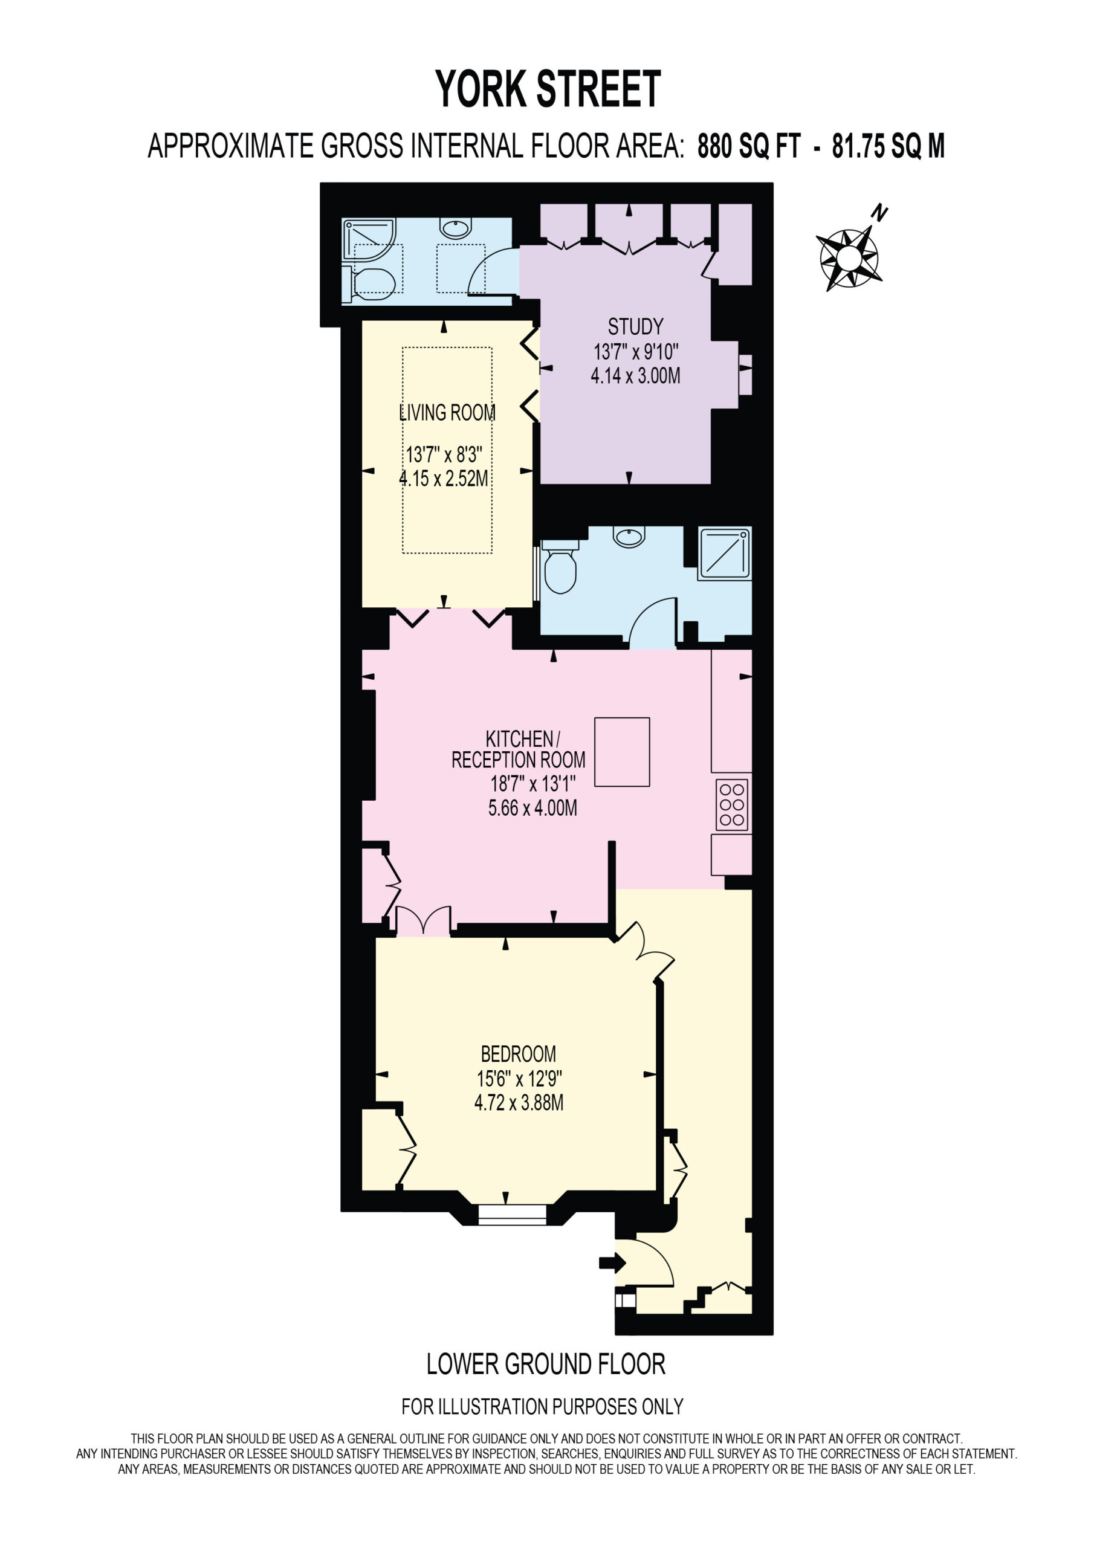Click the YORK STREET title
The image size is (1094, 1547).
tap(548, 89)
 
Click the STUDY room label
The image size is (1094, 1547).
tap(635, 327)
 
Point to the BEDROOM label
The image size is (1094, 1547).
tap(519, 1053)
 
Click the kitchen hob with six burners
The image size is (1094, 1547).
tap(732, 804)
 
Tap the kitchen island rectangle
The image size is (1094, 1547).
tap(622, 752)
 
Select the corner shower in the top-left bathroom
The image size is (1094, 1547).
tap(368, 239)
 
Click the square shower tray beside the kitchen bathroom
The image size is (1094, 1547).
tap(725, 554)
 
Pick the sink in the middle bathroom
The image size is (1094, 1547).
tap(629, 537)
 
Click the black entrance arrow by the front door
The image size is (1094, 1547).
tap(612, 1262)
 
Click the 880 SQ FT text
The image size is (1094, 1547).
tap(749, 146)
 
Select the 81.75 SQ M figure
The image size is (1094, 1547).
tap(888, 146)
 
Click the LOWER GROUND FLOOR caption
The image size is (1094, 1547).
tap(546, 1365)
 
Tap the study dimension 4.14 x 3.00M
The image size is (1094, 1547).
tap(636, 376)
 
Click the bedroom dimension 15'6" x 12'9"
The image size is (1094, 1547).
tap(519, 1079)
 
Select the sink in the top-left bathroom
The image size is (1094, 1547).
tap(456, 228)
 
